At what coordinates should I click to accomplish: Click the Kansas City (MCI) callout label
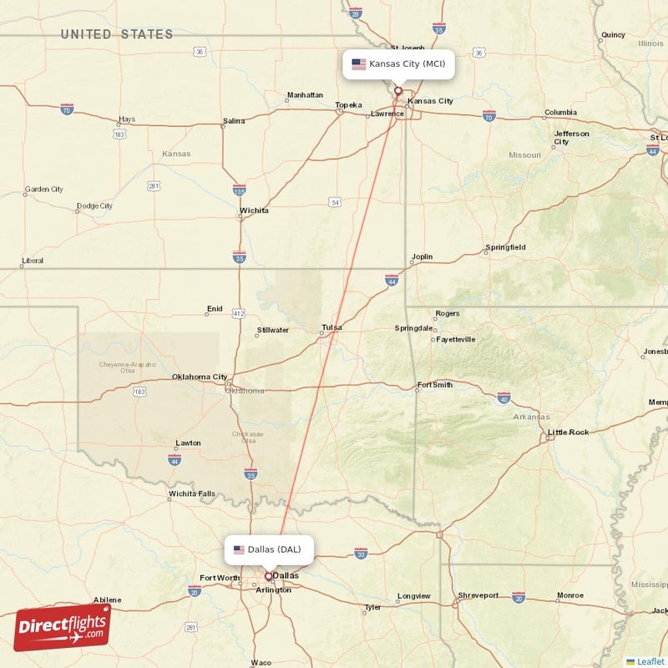[x=398, y=64]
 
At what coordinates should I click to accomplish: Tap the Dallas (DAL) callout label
[x=269, y=549]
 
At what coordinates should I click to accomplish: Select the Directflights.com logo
[x=62, y=627]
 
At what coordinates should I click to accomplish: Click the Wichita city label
[x=254, y=210]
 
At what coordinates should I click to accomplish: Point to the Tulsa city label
[x=331, y=327]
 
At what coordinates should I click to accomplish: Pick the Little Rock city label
[x=568, y=432]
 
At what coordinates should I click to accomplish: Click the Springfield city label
[x=505, y=247]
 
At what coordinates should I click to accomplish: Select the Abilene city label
[x=107, y=600]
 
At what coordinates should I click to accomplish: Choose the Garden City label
[x=43, y=190]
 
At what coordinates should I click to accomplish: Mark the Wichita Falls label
[x=191, y=493]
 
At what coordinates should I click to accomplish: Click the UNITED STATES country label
[x=117, y=34]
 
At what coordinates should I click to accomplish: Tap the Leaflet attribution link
[x=650, y=661]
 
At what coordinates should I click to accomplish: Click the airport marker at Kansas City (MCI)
[x=398, y=92]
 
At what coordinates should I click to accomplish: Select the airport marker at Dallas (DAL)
[x=269, y=576]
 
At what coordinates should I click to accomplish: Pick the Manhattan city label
[x=305, y=95]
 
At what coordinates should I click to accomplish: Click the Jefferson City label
[x=571, y=138]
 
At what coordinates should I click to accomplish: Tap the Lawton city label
[x=188, y=443]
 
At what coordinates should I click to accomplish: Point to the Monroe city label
[x=570, y=595]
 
